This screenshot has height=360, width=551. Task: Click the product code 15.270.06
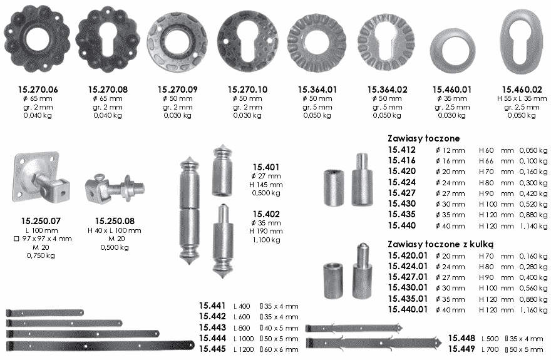click(38, 90)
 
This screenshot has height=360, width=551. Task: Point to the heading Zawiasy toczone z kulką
click(441, 244)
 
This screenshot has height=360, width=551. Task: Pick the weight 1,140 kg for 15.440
click(533, 226)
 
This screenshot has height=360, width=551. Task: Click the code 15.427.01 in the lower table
click(408, 277)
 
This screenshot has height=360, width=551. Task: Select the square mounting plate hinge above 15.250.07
click(41, 177)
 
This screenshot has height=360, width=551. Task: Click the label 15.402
click(266, 214)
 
